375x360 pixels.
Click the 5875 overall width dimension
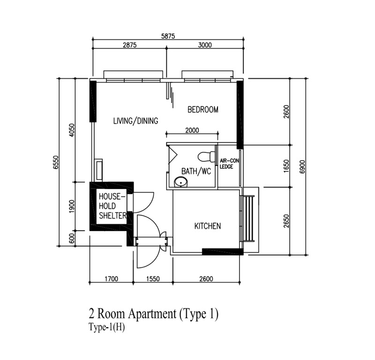click(x=168, y=36)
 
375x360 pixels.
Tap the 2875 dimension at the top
click(x=130, y=45)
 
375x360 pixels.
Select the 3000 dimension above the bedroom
click(x=205, y=45)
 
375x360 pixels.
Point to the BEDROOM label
click(x=203, y=110)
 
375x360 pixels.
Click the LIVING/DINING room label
click(x=135, y=121)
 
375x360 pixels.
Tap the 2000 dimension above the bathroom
click(x=192, y=130)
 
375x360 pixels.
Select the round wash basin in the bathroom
click(x=181, y=182)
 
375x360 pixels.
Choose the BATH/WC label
click(x=196, y=171)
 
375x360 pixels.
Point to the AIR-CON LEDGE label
click(x=229, y=164)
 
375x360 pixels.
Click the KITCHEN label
click(x=208, y=226)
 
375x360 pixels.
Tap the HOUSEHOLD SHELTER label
click(x=112, y=206)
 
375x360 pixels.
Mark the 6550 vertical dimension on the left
click(x=56, y=162)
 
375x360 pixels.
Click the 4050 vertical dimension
click(x=72, y=130)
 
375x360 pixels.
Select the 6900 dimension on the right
click(x=302, y=166)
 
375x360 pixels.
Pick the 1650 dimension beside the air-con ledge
click(x=286, y=166)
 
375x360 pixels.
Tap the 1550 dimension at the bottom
click(x=153, y=279)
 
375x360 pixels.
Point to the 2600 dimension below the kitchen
click(x=206, y=279)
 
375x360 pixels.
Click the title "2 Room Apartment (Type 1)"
click(x=153, y=314)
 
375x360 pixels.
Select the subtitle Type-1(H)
click(x=107, y=327)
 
